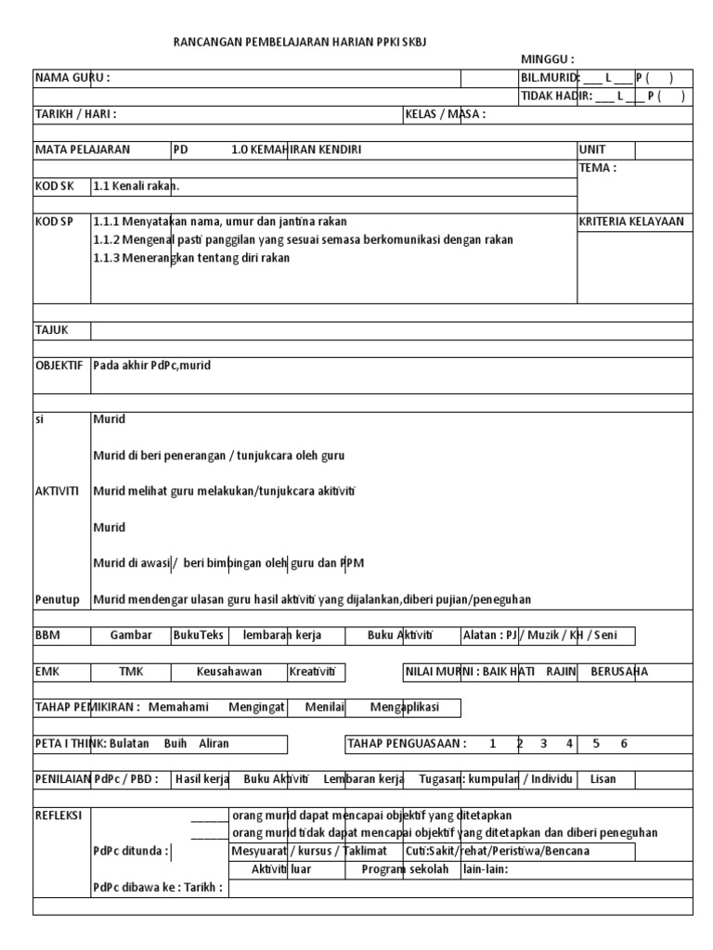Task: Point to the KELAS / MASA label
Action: (445, 114)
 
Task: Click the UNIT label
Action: (593, 149)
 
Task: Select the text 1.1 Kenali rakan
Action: (136, 186)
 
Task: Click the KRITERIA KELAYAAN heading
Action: (630, 221)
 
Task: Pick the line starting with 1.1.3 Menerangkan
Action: (191, 257)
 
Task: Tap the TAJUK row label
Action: (51, 329)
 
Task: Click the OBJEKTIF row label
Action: (60, 366)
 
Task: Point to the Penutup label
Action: (57, 598)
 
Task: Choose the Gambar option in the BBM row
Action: (130, 635)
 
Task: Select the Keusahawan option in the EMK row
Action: (229, 671)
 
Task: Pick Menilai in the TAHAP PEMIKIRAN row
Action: (325, 707)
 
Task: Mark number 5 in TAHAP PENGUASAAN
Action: (597, 743)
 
